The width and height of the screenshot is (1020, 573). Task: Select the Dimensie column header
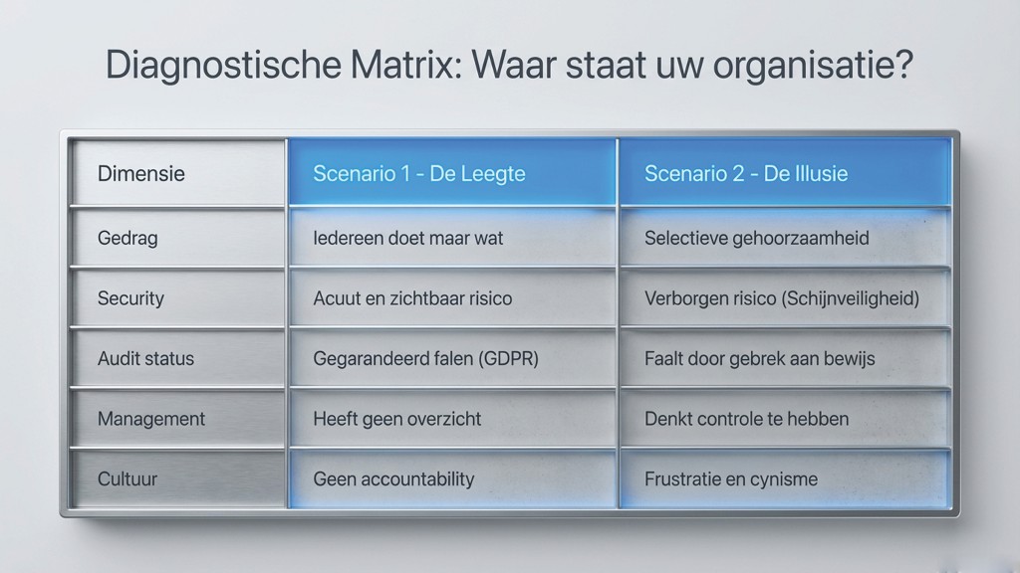click(140, 173)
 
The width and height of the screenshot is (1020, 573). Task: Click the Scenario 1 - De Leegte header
click(418, 173)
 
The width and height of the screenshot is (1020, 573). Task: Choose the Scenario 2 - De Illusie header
click(746, 173)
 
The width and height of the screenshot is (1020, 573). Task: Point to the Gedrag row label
click(127, 238)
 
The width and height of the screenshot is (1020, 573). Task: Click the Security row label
click(130, 298)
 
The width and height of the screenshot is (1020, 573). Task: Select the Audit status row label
click(145, 358)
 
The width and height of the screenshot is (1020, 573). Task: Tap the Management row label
click(151, 419)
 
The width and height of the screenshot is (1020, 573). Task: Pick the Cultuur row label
click(127, 478)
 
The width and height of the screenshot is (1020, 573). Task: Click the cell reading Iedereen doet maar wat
click(407, 238)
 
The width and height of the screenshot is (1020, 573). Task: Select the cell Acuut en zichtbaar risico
click(412, 298)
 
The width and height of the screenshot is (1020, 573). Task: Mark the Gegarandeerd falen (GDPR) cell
click(425, 358)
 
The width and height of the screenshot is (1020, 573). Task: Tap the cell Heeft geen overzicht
click(396, 419)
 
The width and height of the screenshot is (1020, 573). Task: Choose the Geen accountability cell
click(393, 478)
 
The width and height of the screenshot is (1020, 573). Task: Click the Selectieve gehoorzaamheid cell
click(756, 238)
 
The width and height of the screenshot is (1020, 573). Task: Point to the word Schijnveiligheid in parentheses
click(854, 298)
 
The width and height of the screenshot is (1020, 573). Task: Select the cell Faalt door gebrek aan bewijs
click(759, 358)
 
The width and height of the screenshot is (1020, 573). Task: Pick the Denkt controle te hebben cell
click(746, 419)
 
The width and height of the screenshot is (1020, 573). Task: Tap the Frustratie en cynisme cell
click(730, 478)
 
